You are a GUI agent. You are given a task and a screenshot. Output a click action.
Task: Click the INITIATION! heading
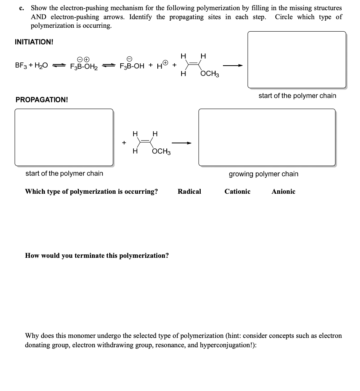click(x=34, y=42)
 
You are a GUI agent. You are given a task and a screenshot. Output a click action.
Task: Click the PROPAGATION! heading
click(x=42, y=100)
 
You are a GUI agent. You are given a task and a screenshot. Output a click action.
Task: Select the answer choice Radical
click(x=189, y=191)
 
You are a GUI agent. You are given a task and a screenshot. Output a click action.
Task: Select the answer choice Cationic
click(x=237, y=191)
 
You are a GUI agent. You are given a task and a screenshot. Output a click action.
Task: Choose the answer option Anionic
click(x=283, y=191)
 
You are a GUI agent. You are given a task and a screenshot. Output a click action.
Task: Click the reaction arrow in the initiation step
click(x=233, y=65)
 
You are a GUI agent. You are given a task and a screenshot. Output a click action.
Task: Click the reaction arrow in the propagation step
click(x=185, y=143)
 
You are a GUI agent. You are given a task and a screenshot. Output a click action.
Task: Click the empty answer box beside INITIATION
click(x=297, y=60)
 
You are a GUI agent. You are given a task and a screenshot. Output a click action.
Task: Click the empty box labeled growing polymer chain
click(x=267, y=137)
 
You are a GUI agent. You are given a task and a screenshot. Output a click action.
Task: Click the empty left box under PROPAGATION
click(x=64, y=137)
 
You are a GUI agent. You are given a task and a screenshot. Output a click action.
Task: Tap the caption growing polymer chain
click(x=263, y=174)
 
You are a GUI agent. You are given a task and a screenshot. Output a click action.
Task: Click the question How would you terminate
click(x=97, y=256)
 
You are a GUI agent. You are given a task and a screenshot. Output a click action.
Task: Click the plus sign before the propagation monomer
click(x=124, y=143)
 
